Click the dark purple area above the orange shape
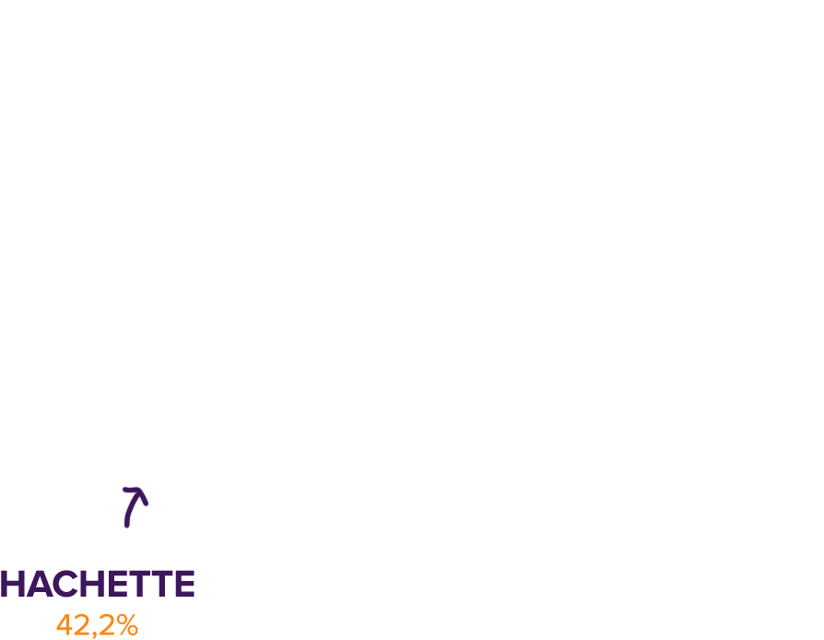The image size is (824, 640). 97,544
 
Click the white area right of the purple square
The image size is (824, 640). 507,563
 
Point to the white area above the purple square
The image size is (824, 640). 97,277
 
